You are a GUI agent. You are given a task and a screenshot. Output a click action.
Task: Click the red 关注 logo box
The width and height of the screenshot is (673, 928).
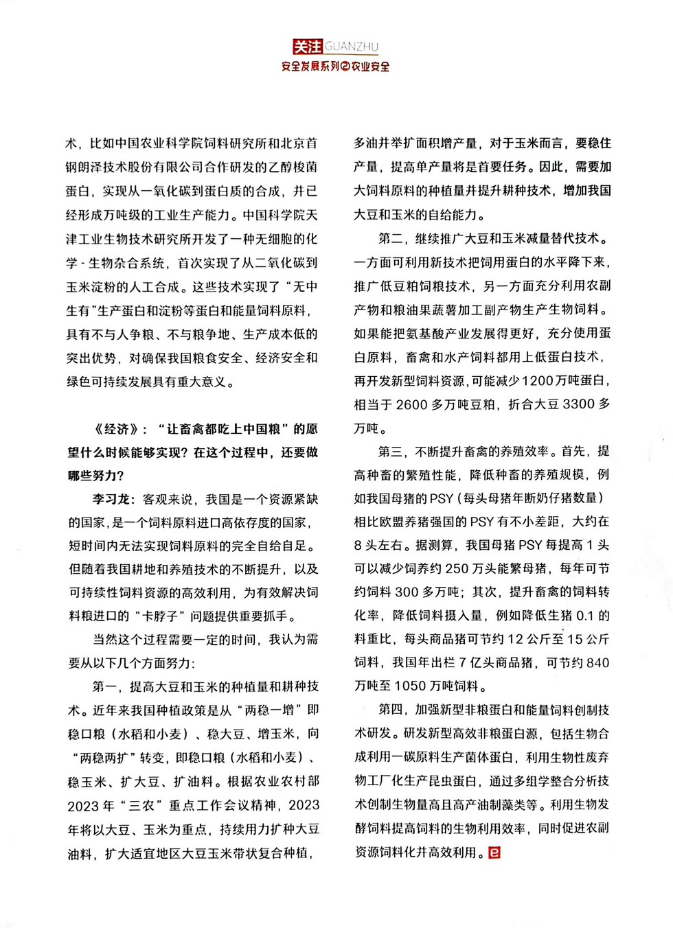pos(307,47)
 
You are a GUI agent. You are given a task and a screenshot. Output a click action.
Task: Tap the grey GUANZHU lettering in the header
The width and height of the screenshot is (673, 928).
pos(351,47)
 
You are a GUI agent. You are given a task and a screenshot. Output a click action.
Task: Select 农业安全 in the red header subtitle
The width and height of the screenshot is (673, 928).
pos(371,67)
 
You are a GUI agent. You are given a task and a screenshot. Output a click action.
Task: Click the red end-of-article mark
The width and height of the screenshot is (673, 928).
pos(494,852)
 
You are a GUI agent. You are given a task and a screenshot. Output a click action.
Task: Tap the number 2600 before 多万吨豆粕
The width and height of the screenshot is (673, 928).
pos(412,404)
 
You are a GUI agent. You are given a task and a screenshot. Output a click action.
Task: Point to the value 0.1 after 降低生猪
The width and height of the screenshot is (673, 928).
pos(584,615)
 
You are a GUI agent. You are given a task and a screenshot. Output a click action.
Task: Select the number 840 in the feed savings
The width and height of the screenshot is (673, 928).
pos(597,662)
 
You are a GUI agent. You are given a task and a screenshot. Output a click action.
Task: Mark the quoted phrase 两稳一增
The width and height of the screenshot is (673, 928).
pos(268,710)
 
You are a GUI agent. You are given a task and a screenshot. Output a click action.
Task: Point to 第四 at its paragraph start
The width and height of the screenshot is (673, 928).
pos(390,709)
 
